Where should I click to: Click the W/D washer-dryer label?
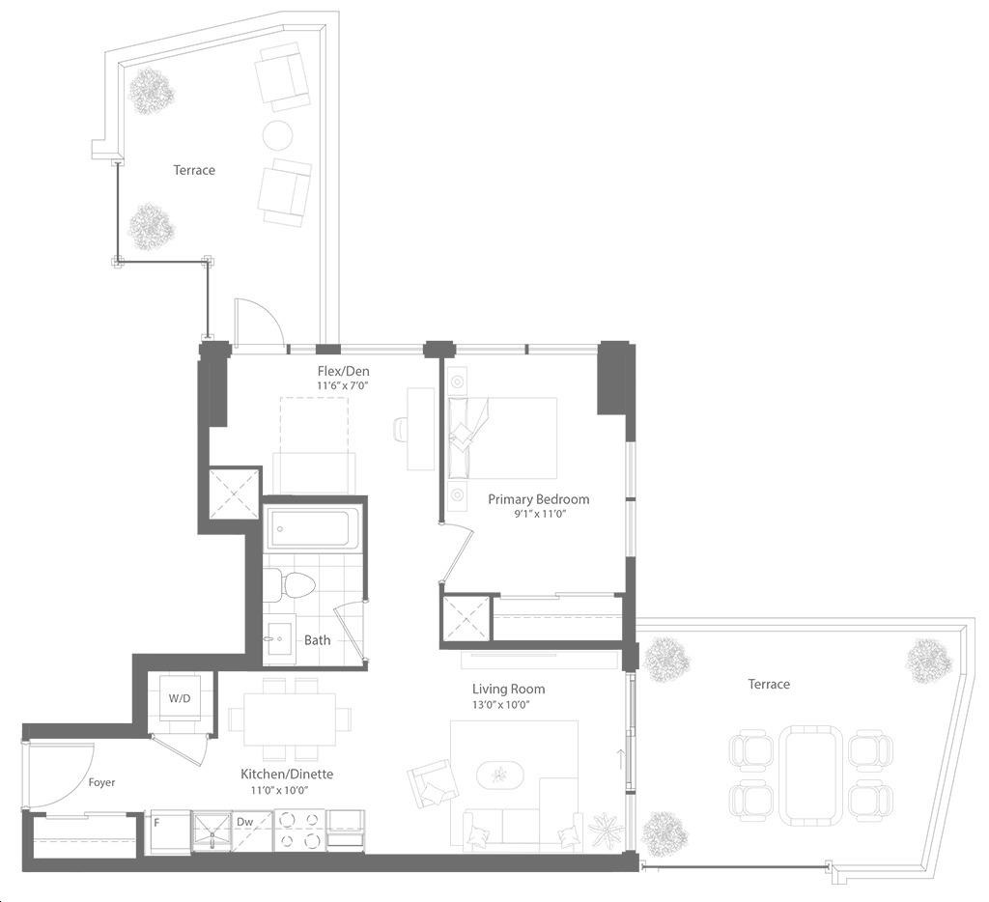(x=179, y=698)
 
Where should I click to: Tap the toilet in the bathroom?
(x=288, y=584)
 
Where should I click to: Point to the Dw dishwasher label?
(x=244, y=822)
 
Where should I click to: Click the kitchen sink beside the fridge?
(x=212, y=832)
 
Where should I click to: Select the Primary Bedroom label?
(x=539, y=499)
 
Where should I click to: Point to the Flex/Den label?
(x=343, y=371)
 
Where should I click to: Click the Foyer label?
(x=101, y=782)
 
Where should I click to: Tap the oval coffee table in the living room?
(x=500, y=774)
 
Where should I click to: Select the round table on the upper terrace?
(x=277, y=134)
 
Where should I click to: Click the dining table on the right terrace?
(x=810, y=775)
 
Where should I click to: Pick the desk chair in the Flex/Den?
(x=401, y=430)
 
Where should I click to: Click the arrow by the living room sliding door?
(x=621, y=759)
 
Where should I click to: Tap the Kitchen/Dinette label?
(x=287, y=774)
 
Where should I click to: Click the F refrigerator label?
(x=156, y=823)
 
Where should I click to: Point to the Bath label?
(x=317, y=640)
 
